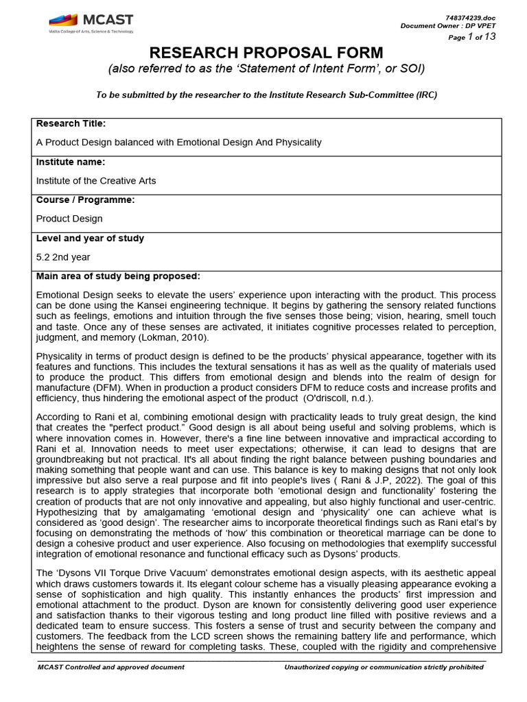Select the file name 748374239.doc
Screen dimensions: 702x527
470,16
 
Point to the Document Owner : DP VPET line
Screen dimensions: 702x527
447,26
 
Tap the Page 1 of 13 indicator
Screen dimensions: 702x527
471,37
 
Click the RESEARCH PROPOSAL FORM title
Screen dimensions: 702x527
267,53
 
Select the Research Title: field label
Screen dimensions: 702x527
71,123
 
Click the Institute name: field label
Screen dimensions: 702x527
70,162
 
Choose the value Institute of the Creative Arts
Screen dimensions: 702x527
96,181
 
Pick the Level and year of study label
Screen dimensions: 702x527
90,239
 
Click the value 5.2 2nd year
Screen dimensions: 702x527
63,257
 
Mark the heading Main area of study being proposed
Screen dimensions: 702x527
118,276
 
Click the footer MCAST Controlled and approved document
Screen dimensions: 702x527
110,667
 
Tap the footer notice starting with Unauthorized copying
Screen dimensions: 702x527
384,667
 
